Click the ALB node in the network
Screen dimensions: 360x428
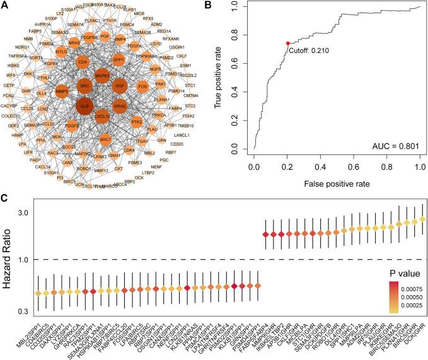[x=84, y=107]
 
